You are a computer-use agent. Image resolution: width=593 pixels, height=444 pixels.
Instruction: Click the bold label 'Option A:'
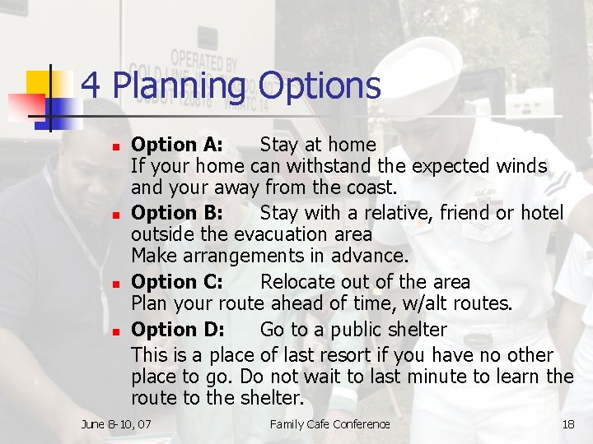tap(177, 145)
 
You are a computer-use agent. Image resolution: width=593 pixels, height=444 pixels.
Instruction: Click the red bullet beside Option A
tap(116, 146)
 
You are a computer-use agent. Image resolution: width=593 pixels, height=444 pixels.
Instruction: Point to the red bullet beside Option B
tap(116, 215)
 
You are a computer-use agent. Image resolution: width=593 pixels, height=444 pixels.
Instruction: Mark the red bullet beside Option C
tap(116, 283)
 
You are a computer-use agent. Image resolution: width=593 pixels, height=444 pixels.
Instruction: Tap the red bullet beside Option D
tap(116, 331)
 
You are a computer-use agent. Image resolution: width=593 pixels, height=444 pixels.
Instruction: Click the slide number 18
tap(567, 424)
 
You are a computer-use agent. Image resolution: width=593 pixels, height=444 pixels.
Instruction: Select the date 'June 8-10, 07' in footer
tap(116, 424)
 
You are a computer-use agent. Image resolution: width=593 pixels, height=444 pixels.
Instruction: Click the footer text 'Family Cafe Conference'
tap(329, 424)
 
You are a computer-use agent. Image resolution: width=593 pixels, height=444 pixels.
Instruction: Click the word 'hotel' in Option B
tap(542, 213)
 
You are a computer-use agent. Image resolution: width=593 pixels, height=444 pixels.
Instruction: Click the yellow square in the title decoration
tap(39, 83)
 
